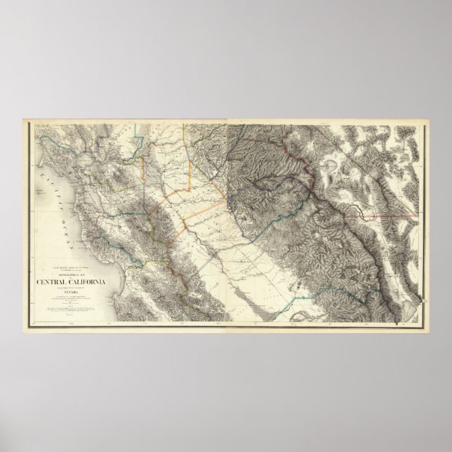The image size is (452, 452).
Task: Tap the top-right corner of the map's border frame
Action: tap(425, 122)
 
